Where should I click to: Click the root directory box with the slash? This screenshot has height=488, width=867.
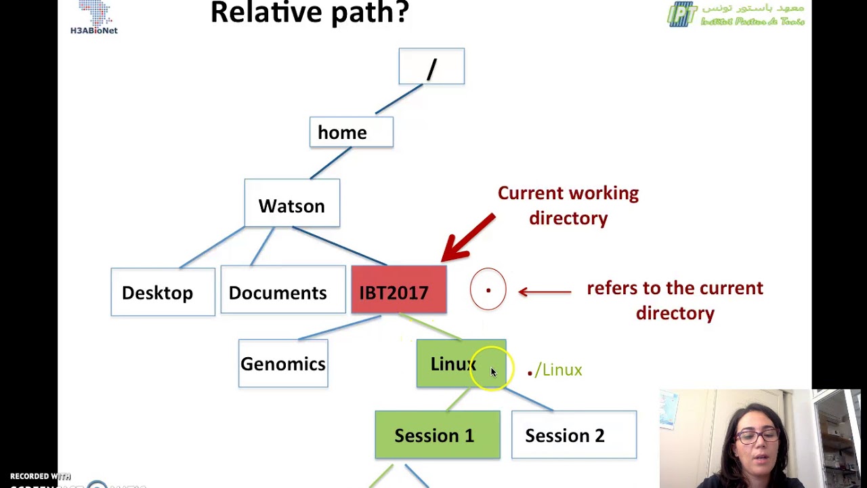pos(431,66)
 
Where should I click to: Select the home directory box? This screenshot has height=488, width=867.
pos(351,132)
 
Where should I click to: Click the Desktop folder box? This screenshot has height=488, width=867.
pos(163,292)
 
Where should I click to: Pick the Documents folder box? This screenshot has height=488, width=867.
pos(282,292)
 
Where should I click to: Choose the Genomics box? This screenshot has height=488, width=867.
pos(283,364)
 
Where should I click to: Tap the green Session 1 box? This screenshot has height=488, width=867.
pos(437,435)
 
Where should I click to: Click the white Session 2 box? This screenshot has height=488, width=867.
pos(574,435)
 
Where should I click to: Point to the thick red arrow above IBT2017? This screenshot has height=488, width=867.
pos(468,237)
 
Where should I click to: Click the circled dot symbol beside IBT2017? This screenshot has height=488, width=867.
pos(488,290)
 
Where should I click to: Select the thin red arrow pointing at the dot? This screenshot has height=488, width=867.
pos(545,291)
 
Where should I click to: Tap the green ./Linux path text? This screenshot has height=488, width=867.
pos(555,370)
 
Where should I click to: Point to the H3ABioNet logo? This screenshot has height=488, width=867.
pos(94,18)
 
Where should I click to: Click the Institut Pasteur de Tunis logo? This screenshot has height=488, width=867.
pos(736,14)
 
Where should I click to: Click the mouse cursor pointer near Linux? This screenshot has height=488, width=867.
pos(493,371)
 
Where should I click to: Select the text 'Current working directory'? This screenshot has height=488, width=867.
pos(568,205)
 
